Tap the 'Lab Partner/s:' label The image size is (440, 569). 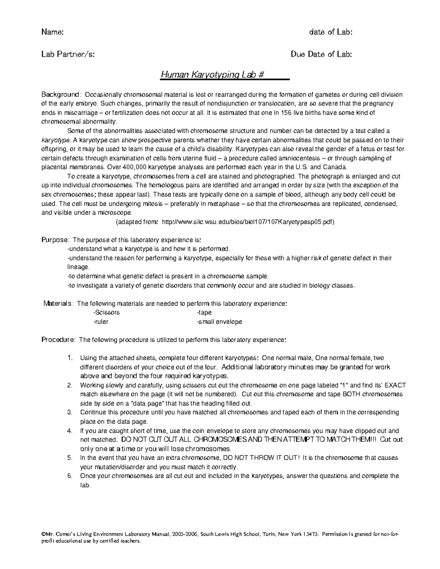pos(68,55)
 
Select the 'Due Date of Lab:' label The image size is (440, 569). pos(321,55)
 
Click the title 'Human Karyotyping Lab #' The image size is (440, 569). pos(213,75)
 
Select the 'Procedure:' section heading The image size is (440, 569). pos(58,340)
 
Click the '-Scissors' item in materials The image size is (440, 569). pos(106,313)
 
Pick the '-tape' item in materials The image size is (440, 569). pos(204,313)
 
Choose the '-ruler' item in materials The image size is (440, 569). pos(101,322)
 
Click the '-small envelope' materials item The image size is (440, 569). pos(219,322)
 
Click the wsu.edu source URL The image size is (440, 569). pos(248,222)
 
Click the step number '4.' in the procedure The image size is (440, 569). pos(70,431)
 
